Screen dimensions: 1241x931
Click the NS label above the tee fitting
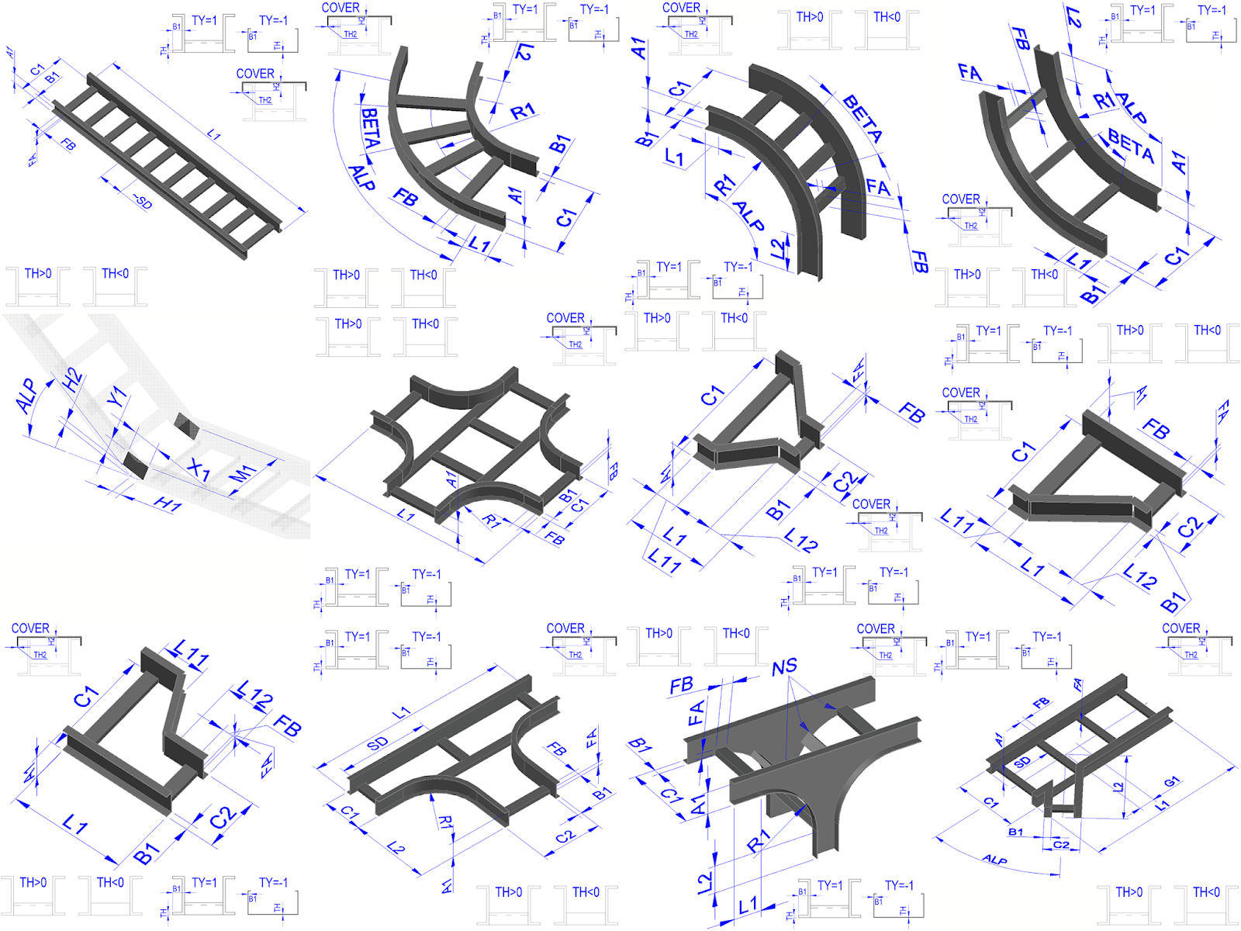click(784, 666)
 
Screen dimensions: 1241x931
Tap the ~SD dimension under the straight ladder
click(141, 202)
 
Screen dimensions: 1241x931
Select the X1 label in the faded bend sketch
click(199, 469)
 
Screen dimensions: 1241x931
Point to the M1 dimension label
click(244, 474)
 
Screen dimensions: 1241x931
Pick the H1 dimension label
click(168, 504)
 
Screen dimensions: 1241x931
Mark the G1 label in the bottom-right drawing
click(1171, 781)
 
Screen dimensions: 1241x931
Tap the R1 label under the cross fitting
click(492, 521)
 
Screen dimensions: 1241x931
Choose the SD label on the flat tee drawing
click(378, 743)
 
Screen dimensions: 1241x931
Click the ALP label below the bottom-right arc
click(995, 860)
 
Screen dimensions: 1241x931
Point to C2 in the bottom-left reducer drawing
click(222, 816)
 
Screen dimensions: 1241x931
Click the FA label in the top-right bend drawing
click(970, 73)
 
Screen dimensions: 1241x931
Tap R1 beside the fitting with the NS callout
click(758, 840)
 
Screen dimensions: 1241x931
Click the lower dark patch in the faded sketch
click(136, 465)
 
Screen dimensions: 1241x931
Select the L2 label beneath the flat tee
click(396, 848)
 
